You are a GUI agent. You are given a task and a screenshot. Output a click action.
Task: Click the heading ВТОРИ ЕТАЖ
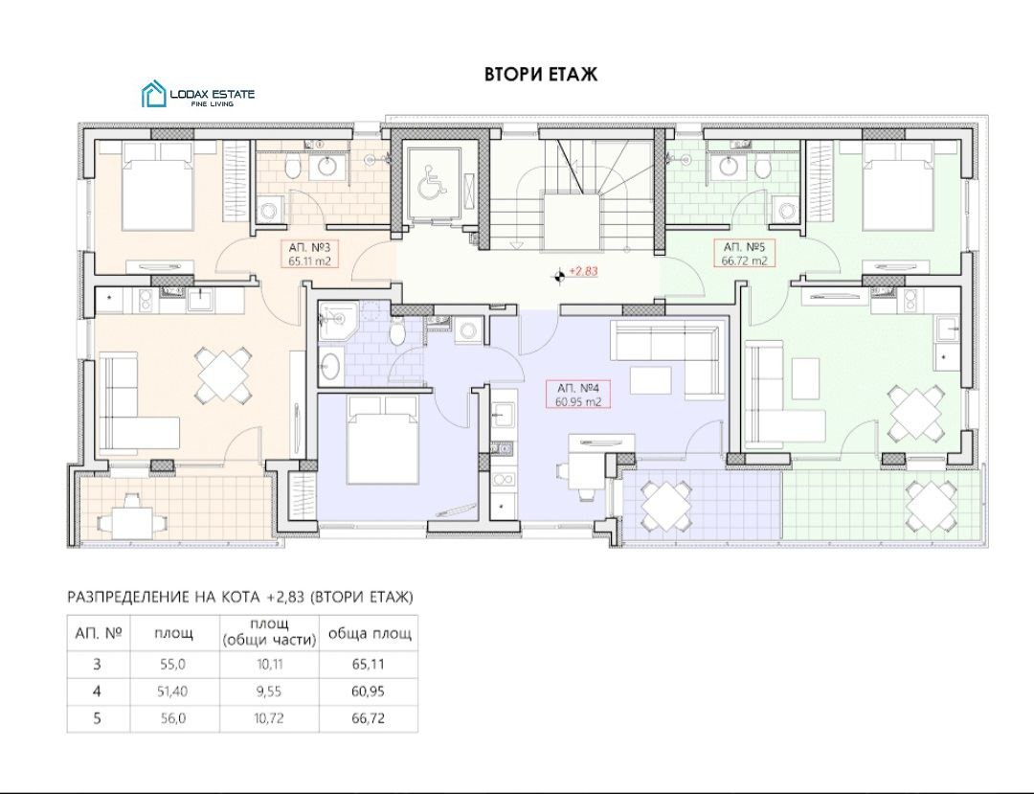click(x=541, y=74)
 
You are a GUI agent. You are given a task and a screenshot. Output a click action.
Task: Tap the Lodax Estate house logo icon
click(x=153, y=94)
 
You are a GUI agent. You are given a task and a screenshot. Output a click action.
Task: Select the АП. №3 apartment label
click(x=309, y=248)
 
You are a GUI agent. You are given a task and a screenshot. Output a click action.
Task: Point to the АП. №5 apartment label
click(x=745, y=247)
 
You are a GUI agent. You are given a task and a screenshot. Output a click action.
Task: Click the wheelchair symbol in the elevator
click(x=432, y=181)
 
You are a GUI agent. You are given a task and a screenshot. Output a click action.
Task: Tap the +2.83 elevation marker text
click(x=583, y=271)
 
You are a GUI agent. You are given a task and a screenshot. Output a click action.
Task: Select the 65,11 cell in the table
click(x=368, y=664)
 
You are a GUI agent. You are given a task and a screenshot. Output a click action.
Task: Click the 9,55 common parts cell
click(x=270, y=692)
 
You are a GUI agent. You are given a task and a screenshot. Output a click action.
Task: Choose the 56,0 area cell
click(x=172, y=718)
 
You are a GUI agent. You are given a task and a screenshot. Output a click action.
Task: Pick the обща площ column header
click(x=370, y=634)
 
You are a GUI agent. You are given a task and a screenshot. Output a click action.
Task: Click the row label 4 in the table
click(x=98, y=692)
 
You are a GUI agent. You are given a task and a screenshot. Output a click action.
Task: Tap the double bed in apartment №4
click(x=384, y=440)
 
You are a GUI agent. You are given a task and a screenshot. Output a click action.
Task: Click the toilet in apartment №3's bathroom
click(x=294, y=168)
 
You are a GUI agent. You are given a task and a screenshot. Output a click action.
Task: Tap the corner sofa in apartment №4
click(x=668, y=354)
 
